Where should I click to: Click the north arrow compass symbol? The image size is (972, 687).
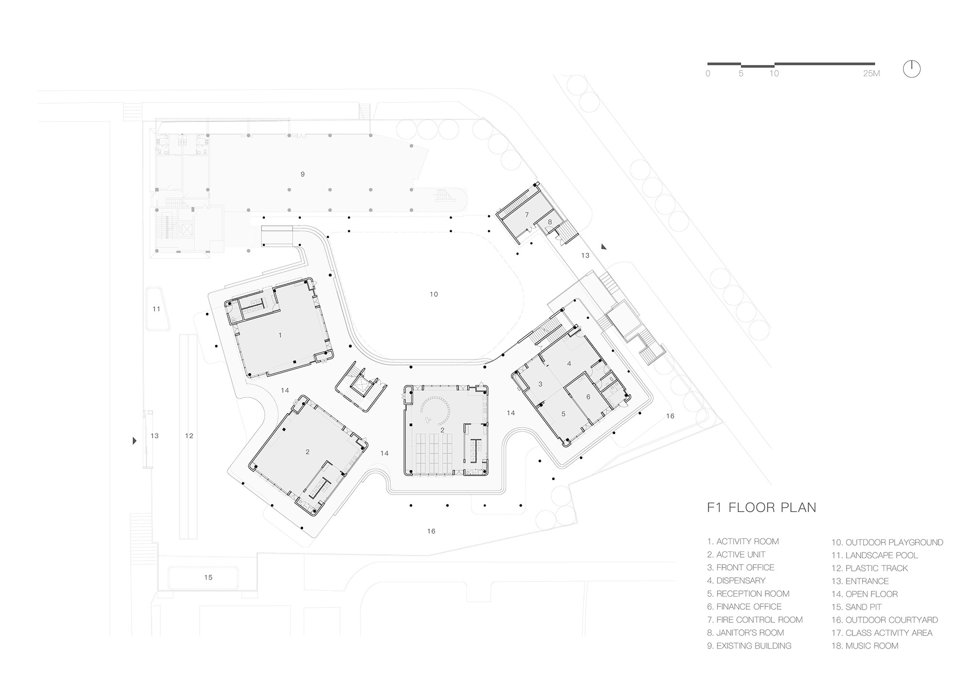912,69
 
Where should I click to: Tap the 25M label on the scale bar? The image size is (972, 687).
871,74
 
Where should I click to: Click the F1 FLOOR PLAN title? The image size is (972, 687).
762,508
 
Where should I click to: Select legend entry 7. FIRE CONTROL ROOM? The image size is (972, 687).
755,620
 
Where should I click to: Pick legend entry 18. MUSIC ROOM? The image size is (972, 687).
865,646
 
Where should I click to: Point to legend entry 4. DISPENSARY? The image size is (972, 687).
736,581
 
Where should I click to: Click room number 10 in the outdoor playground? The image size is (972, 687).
434,294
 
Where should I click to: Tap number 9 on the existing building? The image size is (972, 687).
302,174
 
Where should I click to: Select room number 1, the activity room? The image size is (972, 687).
280,335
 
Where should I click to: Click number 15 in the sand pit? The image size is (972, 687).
208,577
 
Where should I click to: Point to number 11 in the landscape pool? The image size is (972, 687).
156,309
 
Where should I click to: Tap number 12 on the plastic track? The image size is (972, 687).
189,436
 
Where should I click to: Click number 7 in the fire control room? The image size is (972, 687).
526,215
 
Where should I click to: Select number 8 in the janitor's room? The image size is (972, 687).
550,222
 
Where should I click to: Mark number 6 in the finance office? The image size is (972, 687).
588,397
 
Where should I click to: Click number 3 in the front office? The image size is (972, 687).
540,384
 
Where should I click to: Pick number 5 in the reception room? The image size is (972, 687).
563,414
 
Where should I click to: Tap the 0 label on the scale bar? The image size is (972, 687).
708,74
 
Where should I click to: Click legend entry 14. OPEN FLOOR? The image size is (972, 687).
865,594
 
